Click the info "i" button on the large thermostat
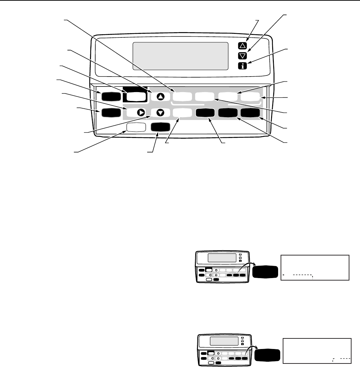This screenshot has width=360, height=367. coord(242,66)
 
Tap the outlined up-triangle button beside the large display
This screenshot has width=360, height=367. coord(242,46)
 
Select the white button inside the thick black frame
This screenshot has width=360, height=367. coord(136,97)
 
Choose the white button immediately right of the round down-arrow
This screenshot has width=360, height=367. coord(183,113)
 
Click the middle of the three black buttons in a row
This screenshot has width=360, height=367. coord(228,113)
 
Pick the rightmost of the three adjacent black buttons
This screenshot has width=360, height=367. coord(250,113)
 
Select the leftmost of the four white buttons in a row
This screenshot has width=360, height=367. coord(183,96)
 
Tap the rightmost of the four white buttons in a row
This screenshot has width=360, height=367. coord(251,96)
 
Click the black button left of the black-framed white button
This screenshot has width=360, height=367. coord(109,96)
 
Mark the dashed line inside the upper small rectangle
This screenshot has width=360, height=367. coord(299,275)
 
